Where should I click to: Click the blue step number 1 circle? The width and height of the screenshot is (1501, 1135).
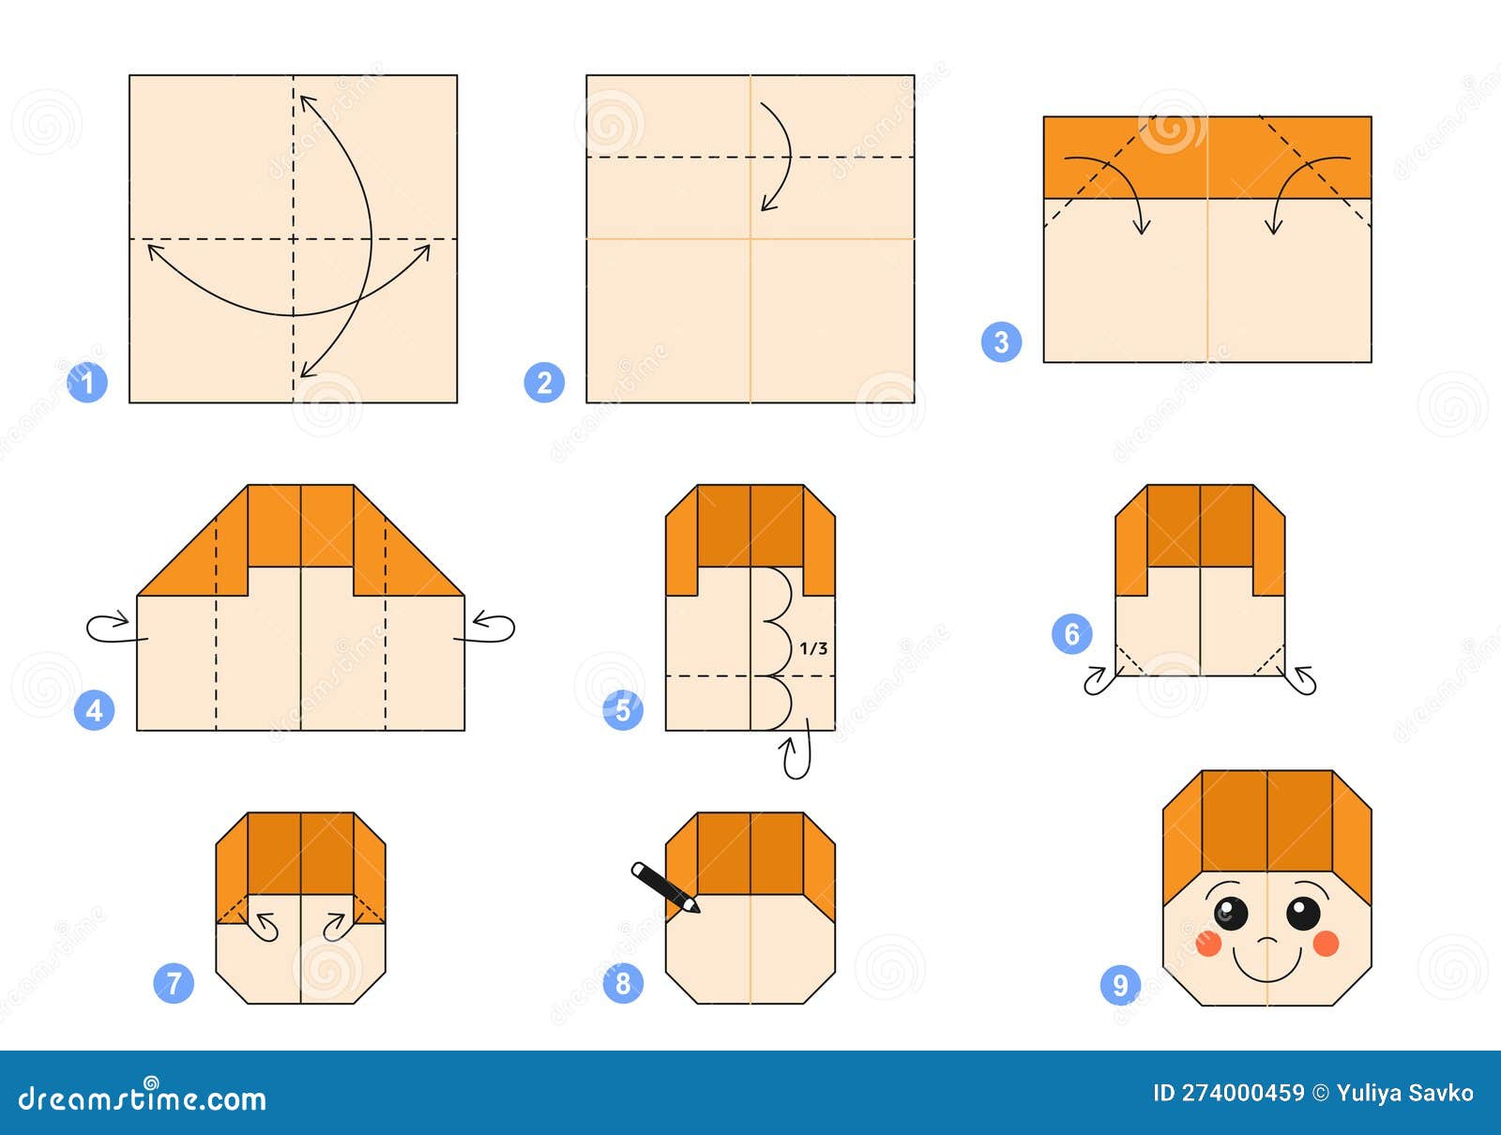pyautogui.click(x=87, y=383)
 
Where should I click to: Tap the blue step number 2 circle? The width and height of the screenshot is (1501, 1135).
pyautogui.click(x=544, y=383)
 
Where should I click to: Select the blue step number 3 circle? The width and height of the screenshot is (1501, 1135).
pyautogui.click(x=1001, y=341)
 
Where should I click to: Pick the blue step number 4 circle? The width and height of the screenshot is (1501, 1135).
pyautogui.click(x=94, y=710)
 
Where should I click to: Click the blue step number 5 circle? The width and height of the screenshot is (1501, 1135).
pyautogui.click(x=624, y=710)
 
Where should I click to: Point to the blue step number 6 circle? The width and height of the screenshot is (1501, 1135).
pyautogui.click(x=1071, y=634)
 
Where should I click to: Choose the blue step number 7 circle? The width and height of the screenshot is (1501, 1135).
pyautogui.click(x=174, y=983)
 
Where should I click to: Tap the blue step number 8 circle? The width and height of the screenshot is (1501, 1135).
pyautogui.click(x=624, y=983)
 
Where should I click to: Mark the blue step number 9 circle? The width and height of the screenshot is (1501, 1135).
pyautogui.click(x=1120, y=985)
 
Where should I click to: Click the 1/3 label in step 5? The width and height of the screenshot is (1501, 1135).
pyautogui.click(x=813, y=648)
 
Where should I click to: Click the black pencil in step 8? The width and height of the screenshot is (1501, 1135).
pyautogui.click(x=665, y=886)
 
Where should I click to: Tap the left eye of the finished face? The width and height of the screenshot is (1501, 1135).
pyautogui.click(x=1231, y=913)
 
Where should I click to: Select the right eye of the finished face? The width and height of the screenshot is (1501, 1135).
pyautogui.click(x=1303, y=913)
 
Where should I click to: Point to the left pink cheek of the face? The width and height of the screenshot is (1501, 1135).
pyautogui.click(x=1208, y=944)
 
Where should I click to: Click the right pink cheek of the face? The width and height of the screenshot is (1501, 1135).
pyautogui.click(x=1326, y=944)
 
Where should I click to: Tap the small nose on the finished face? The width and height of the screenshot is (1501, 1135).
pyautogui.click(x=1266, y=940)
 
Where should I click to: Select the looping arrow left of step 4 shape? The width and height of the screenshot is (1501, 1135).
pyautogui.click(x=111, y=628)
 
